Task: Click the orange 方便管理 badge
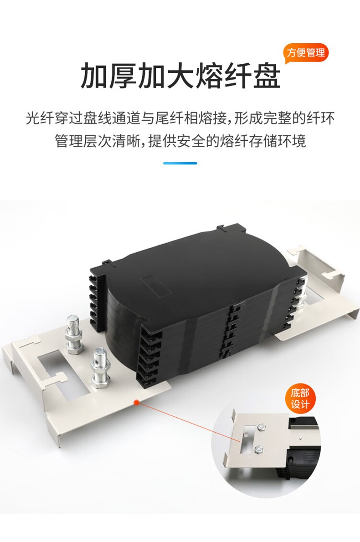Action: [x=306, y=53]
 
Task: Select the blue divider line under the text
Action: [x=180, y=163]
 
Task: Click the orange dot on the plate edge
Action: [x=137, y=402]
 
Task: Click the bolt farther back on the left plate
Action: [x=74, y=334]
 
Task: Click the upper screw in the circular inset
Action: [x=262, y=428]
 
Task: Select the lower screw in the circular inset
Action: [x=259, y=450]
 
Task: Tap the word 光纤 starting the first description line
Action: [x=40, y=118]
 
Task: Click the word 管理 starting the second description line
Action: [x=68, y=141]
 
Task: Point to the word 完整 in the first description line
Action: [x=278, y=118]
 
